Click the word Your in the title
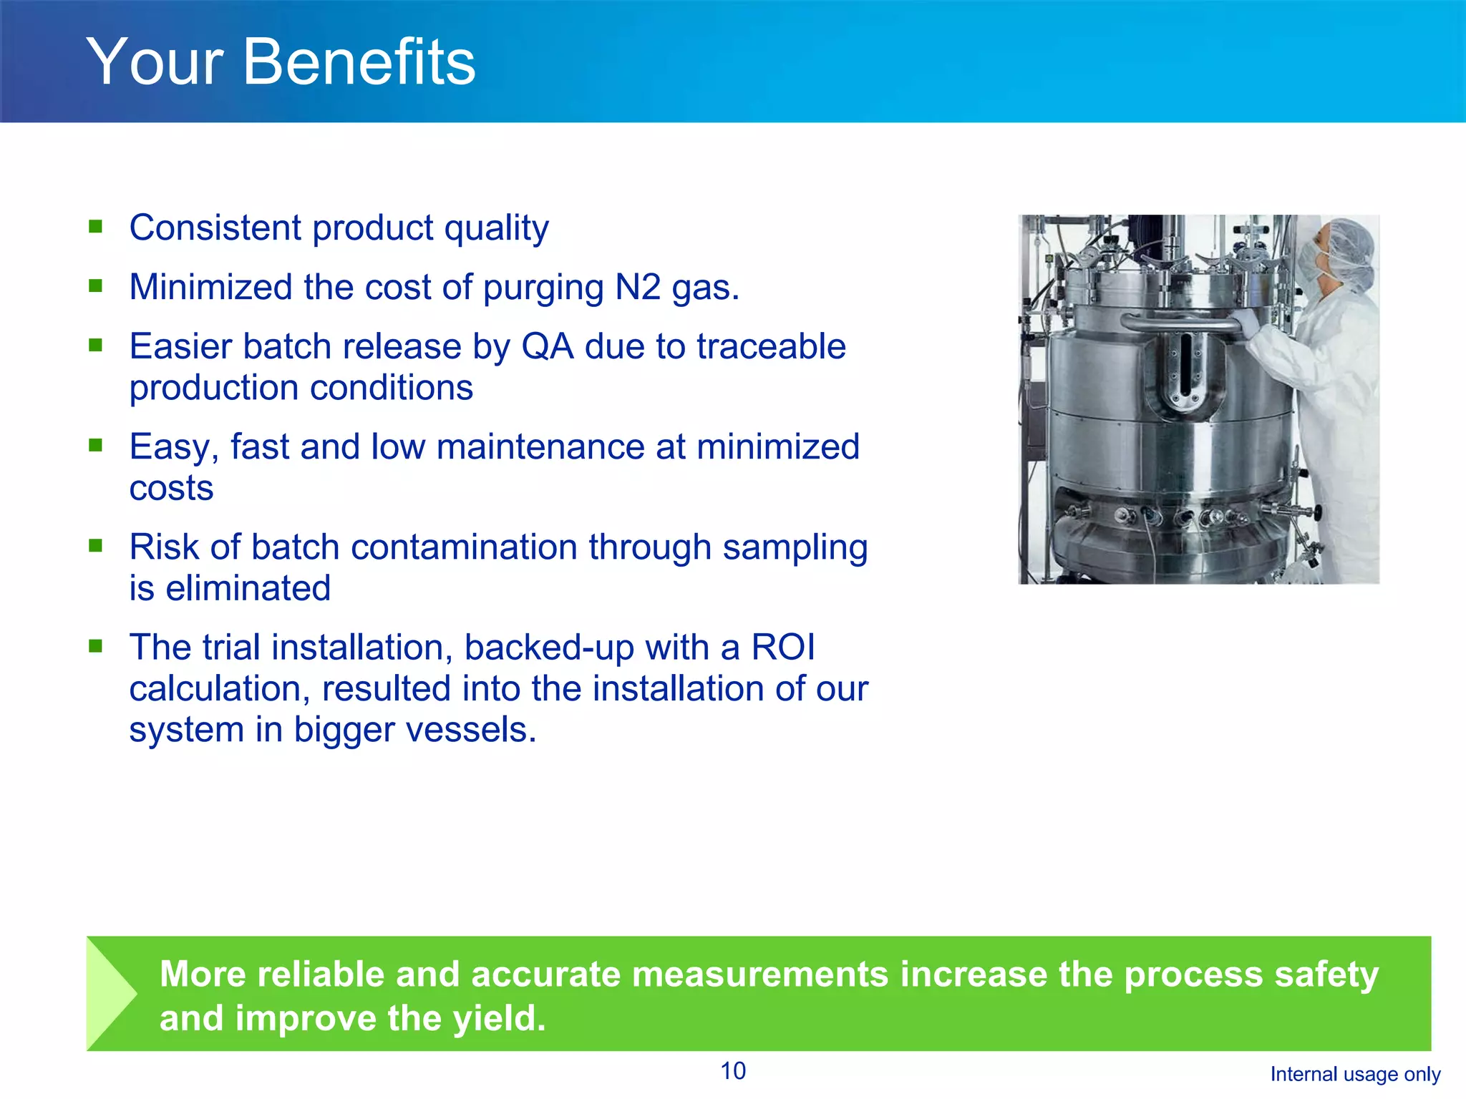(155, 63)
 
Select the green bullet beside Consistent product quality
(96, 228)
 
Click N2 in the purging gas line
(638, 288)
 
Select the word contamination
(464, 547)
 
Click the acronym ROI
(783, 648)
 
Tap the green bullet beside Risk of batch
(96, 546)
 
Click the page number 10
(733, 1071)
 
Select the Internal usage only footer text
(1355, 1074)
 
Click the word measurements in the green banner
(759, 975)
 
